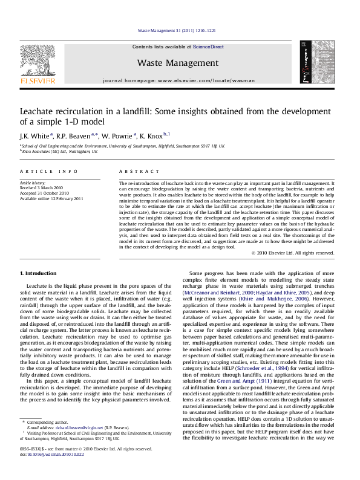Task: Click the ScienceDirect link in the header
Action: [x=208, y=47]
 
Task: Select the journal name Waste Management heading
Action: [x=178, y=63]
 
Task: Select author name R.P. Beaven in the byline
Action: [x=75, y=137]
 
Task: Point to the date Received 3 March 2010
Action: [x=42, y=188]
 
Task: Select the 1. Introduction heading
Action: [x=38, y=274]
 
